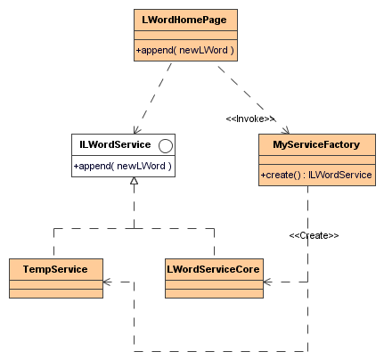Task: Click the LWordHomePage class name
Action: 184,20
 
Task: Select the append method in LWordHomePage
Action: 184,50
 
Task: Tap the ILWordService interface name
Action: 115,144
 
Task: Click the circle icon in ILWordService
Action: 166,146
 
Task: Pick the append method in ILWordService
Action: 122,166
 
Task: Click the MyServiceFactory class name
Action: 316,144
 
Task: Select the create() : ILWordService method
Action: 316,175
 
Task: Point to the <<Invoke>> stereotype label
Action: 250,119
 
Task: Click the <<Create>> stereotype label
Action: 314,235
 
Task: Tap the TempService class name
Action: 55,269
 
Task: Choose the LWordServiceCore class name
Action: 213,269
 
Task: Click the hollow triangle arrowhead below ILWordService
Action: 135,181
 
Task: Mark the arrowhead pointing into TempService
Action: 107,282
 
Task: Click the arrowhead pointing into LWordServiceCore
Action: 267,282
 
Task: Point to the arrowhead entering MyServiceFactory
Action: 286,130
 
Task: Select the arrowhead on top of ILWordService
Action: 136,130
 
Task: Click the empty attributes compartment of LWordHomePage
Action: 185,35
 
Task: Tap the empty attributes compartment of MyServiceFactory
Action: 317,160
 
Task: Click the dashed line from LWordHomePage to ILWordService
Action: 153,98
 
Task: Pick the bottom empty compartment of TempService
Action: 56,293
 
